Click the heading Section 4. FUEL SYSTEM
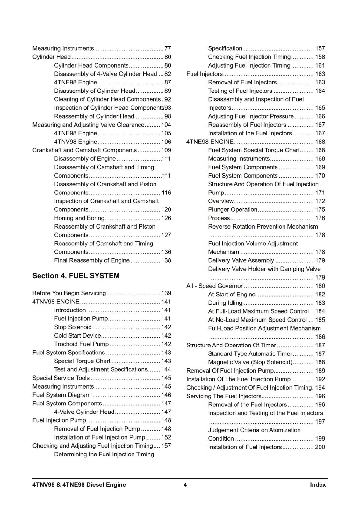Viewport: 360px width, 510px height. click(76, 276)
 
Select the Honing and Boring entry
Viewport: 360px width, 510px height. click(79, 218)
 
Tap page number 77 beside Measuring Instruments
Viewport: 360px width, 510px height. click(168, 48)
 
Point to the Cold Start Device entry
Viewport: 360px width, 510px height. click(77, 336)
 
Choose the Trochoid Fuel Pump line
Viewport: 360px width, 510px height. click(81, 344)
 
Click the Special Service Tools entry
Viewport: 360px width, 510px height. click(61, 378)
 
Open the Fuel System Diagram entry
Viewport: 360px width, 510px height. click(61, 395)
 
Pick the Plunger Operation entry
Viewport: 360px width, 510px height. click(233, 209)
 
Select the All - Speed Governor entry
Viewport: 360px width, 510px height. click(214, 286)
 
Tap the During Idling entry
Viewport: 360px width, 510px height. click(225, 303)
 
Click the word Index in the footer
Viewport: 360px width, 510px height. click(318, 485)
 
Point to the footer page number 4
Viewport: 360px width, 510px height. click(185, 485)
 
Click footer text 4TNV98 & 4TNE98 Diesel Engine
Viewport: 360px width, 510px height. click(79, 485)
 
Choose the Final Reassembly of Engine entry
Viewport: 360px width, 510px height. click(92, 260)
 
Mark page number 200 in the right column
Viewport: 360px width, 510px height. click(320, 447)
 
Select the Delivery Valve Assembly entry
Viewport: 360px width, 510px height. click(241, 260)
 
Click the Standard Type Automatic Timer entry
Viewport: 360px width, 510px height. click(250, 354)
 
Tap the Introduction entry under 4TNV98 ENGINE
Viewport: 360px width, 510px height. click(70, 310)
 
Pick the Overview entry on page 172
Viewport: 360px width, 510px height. click(221, 201)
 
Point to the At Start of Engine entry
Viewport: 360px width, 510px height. click(232, 295)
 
